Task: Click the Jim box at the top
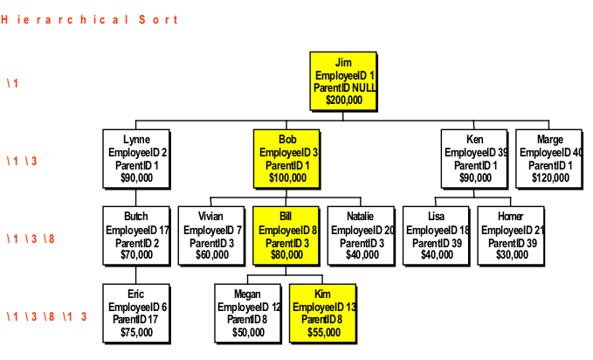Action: (x=343, y=81)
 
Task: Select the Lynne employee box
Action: (x=136, y=158)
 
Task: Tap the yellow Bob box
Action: (x=286, y=158)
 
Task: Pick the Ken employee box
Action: (x=473, y=158)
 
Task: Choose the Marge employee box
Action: (x=549, y=158)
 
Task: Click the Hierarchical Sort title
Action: (x=89, y=19)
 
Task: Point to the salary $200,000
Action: (x=343, y=100)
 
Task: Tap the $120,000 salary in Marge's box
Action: (x=550, y=177)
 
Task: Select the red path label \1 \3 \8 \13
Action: (x=47, y=316)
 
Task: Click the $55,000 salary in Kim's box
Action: (x=323, y=332)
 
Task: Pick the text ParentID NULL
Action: (x=344, y=88)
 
